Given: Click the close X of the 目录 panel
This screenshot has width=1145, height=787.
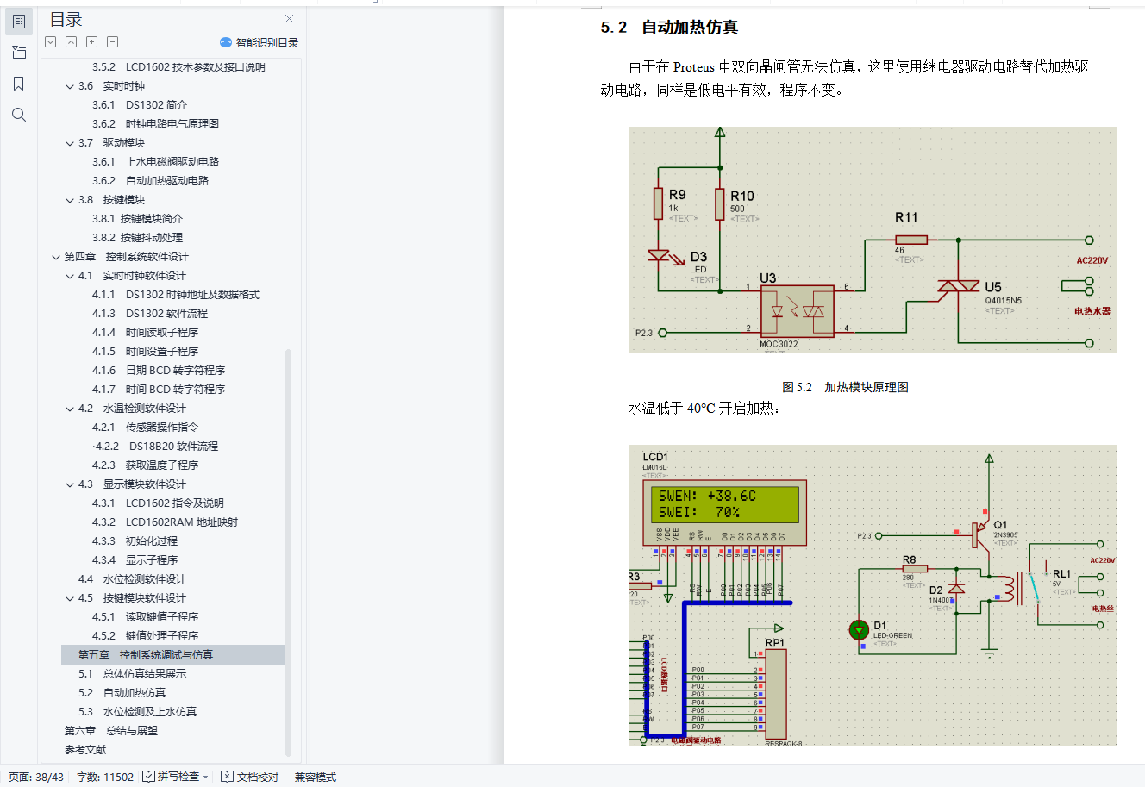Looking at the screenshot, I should [290, 19].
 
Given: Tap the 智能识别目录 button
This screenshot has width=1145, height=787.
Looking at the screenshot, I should [260, 42].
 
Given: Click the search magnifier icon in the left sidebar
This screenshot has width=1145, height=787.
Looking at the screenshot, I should [19, 115].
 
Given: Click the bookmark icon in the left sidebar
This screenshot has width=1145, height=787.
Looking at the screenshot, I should [19, 84].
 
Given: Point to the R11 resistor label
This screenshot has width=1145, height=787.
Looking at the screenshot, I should [906, 218].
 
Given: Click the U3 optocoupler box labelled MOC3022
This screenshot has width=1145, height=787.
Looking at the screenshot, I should [797, 311].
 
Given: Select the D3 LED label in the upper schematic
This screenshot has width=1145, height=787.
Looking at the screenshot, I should [698, 257].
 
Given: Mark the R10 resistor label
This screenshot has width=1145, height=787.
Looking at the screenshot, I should [741, 197].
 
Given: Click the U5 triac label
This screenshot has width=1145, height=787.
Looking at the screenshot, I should [993, 287].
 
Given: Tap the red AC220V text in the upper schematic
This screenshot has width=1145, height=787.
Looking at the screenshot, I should [1092, 260].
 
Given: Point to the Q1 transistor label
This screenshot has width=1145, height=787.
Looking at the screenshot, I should [1000, 524].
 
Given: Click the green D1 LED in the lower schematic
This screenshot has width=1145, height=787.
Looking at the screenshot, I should [859, 630].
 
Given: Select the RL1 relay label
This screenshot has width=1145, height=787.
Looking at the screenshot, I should [1061, 573].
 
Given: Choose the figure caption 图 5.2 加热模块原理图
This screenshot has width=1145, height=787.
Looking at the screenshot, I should [845, 387].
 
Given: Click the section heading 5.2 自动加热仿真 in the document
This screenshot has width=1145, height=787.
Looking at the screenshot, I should [669, 28].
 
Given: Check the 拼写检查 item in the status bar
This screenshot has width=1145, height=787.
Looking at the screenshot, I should [177, 777].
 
